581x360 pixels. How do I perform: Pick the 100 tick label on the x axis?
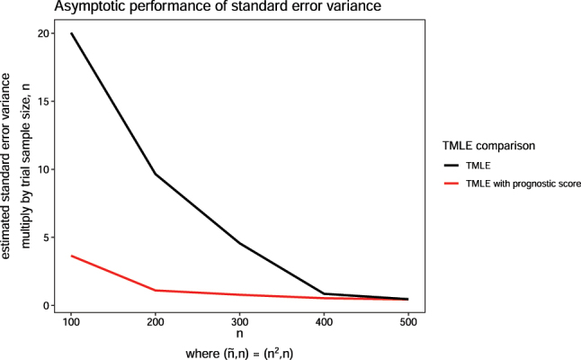71,320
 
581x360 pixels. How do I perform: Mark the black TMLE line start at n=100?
71,33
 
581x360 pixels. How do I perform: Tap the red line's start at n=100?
71,256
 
